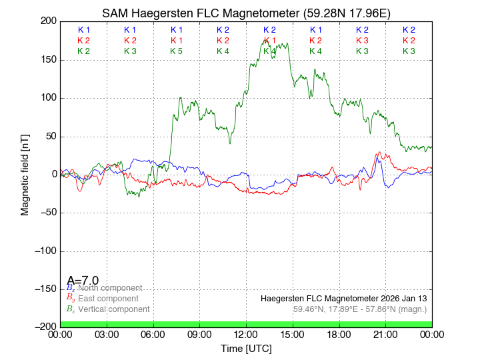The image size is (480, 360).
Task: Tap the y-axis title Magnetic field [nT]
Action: (25, 173)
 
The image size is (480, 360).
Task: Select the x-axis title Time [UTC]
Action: (246, 348)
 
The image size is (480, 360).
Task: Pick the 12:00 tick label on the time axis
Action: (246, 334)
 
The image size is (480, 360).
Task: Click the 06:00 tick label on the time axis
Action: (153, 334)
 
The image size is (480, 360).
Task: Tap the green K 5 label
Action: (176, 51)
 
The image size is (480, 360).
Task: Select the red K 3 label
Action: (362, 41)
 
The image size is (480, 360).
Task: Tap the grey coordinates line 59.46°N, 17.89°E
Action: (360, 309)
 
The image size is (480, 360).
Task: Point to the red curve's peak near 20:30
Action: (379, 153)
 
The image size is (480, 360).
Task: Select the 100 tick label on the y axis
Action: (47, 98)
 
